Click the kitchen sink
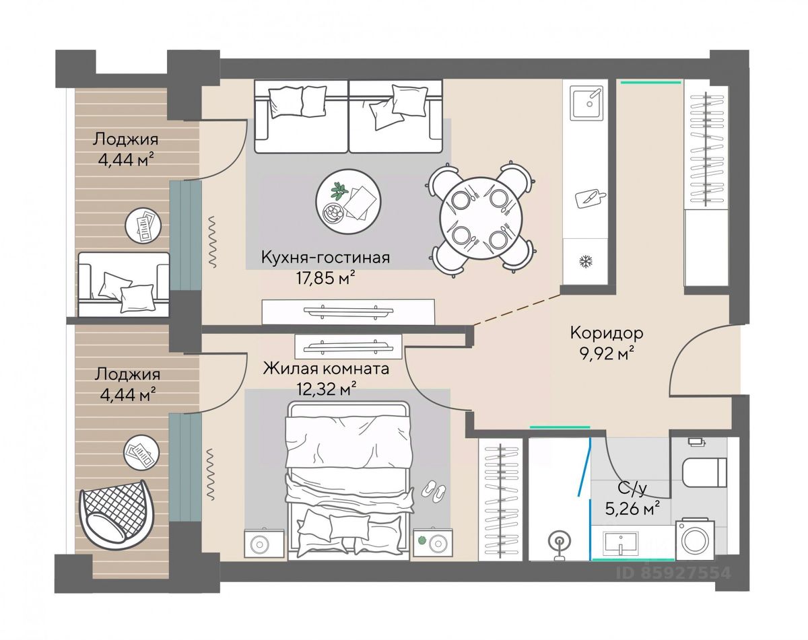586,102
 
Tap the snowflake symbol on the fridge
584,261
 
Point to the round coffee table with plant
348,202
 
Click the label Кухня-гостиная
325,258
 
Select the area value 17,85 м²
325,279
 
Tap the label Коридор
607,332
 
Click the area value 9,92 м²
607,353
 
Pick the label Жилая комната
326,369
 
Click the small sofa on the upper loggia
123,284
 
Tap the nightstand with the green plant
433,543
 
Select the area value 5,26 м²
633,509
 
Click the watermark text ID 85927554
673,573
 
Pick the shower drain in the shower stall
559,541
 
